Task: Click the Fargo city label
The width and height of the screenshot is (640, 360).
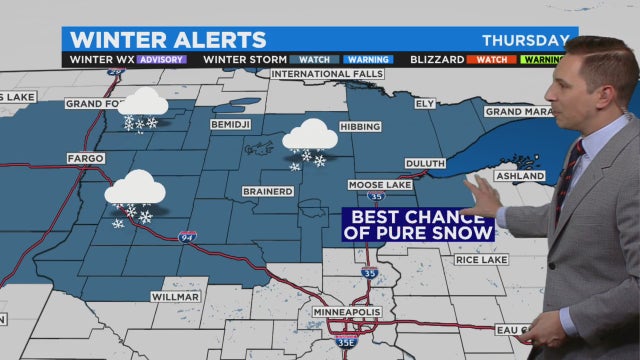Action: click(x=85, y=158)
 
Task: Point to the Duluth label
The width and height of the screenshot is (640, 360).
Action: click(x=425, y=162)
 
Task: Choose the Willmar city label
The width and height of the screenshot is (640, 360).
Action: click(x=176, y=297)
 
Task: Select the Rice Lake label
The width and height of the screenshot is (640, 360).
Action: click(x=482, y=260)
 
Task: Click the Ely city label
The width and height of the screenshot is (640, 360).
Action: click(x=425, y=103)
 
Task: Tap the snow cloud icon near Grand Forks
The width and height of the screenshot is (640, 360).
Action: click(x=144, y=105)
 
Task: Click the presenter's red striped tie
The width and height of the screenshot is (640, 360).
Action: click(x=568, y=180)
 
